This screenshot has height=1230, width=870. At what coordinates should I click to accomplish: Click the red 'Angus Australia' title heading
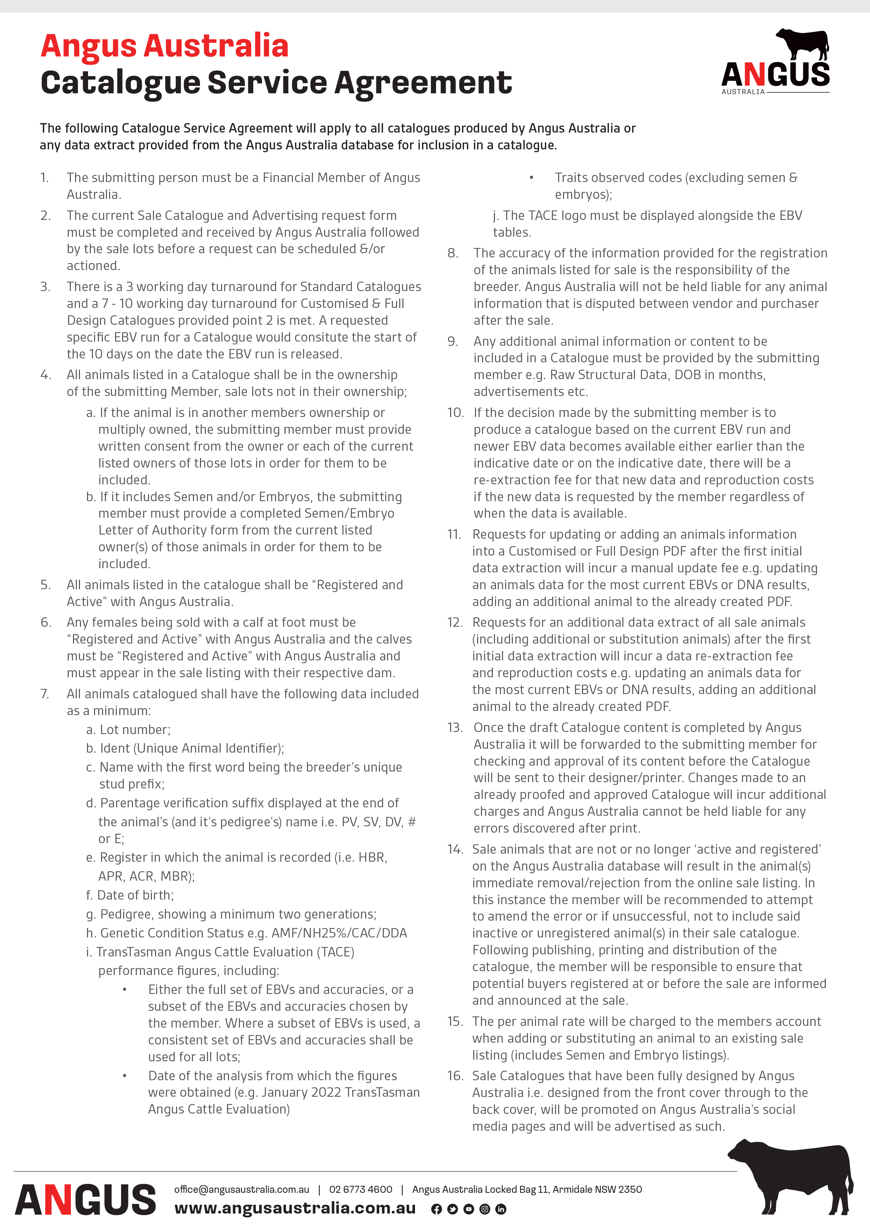165,46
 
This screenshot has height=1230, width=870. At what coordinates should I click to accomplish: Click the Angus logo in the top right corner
775,63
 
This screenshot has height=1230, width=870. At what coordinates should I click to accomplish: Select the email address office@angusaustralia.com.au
242,1189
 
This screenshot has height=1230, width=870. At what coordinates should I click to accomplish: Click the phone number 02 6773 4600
361,1189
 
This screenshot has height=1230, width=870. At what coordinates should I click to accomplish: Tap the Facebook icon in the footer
437,1209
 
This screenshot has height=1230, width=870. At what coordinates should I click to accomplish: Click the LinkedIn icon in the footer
501,1209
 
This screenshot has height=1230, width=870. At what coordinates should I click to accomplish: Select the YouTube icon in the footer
469,1209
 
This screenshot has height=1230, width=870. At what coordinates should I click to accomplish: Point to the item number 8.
453,253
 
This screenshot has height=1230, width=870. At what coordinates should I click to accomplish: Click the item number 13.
455,727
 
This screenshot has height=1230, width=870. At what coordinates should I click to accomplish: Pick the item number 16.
455,1076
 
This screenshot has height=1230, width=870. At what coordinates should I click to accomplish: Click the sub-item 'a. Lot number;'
129,730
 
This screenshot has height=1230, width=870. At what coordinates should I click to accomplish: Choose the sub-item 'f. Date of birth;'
130,895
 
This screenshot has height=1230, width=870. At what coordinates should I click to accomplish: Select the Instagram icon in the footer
485,1209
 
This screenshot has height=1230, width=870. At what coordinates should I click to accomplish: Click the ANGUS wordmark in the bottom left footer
86,1200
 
